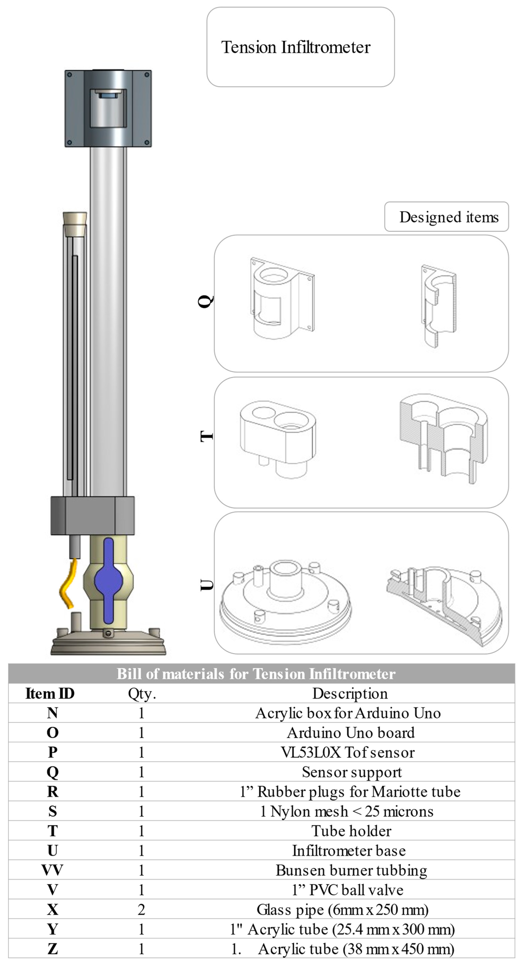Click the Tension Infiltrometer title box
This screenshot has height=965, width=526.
click(300, 47)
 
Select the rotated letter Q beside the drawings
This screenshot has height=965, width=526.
click(205, 301)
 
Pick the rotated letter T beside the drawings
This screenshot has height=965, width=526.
click(206, 436)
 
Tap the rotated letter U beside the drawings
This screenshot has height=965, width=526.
click(206, 585)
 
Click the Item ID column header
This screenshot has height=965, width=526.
click(50, 693)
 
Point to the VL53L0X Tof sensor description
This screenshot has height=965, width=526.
click(348, 752)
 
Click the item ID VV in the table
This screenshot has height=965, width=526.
click(52, 870)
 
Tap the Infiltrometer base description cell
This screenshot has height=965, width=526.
click(349, 850)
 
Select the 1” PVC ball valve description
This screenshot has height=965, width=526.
click(347, 890)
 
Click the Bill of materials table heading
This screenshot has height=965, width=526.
click(256, 674)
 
